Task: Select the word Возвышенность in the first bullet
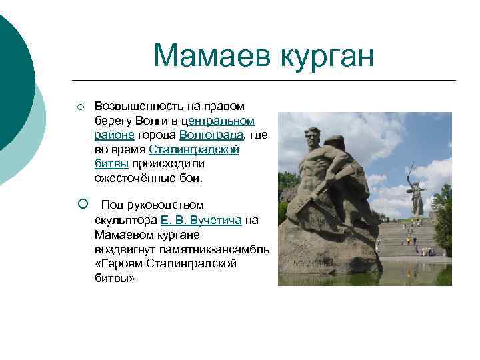134,106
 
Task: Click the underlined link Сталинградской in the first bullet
194,150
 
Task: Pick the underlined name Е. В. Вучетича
201,220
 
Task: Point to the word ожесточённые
130,179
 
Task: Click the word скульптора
125,220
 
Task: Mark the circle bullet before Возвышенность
79,107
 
